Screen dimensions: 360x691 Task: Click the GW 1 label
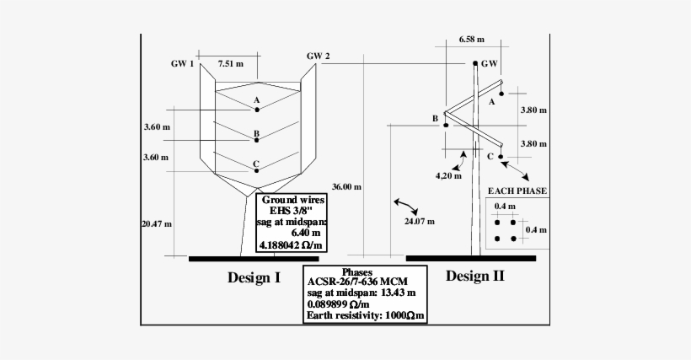(x=182, y=63)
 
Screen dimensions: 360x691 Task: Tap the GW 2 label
(x=318, y=56)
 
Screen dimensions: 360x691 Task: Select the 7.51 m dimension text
(x=231, y=63)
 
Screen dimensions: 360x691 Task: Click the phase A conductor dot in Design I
(x=257, y=110)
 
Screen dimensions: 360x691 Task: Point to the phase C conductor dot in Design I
(x=257, y=172)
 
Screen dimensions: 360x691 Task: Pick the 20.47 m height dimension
(x=157, y=223)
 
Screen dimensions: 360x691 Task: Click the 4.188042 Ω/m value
(x=291, y=245)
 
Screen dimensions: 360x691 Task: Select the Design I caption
(x=254, y=277)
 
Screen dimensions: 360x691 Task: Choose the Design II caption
(x=475, y=276)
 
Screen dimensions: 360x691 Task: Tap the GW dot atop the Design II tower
(x=474, y=63)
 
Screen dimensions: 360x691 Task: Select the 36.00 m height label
(x=346, y=187)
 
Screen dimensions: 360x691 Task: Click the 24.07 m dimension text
(x=420, y=222)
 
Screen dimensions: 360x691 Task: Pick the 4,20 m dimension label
(x=448, y=176)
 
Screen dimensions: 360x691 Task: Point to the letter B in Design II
(x=435, y=119)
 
